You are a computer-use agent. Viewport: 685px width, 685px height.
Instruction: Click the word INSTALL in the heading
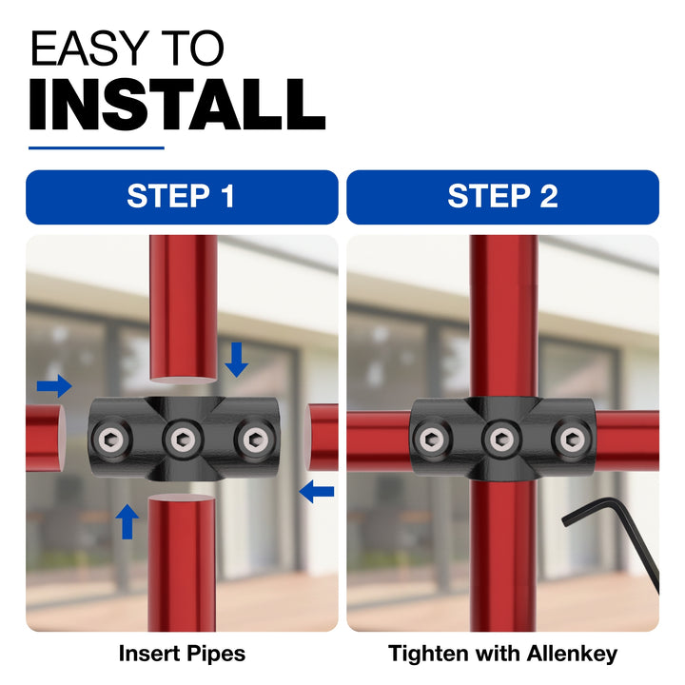click(177, 105)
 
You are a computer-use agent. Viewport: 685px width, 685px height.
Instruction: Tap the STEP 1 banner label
click(182, 196)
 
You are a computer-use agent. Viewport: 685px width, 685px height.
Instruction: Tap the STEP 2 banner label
click(503, 196)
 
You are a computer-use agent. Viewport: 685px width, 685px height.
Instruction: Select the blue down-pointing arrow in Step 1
click(237, 360)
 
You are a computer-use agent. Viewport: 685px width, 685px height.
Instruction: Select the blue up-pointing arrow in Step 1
click(127, 521)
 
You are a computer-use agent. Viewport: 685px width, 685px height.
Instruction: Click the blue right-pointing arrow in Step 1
click(54, 386)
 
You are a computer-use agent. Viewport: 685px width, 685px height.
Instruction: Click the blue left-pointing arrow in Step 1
click(316, 492)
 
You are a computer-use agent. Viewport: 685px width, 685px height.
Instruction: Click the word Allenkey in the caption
click(573, 654)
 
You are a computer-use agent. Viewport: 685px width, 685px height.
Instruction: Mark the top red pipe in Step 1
click(184, 309)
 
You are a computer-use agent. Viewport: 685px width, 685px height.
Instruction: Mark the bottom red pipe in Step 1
click(182, 562)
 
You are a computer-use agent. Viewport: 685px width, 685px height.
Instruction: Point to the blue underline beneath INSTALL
click(96, 148)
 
